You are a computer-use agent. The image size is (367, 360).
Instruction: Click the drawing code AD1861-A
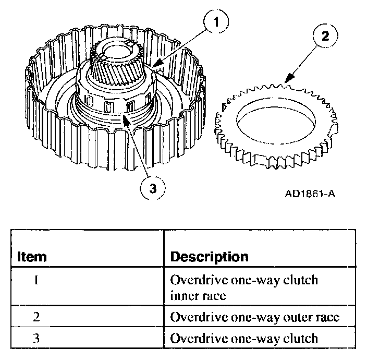click(x=310, y=195)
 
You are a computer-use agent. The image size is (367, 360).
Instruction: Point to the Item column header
click(x=32, y=257)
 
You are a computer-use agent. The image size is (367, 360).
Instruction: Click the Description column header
click(x=210, y=257)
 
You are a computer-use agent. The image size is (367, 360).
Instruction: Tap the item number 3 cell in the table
click(x=36, y=338)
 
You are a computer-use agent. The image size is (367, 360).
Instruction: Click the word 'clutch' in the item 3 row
click(x=299, y=338)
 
